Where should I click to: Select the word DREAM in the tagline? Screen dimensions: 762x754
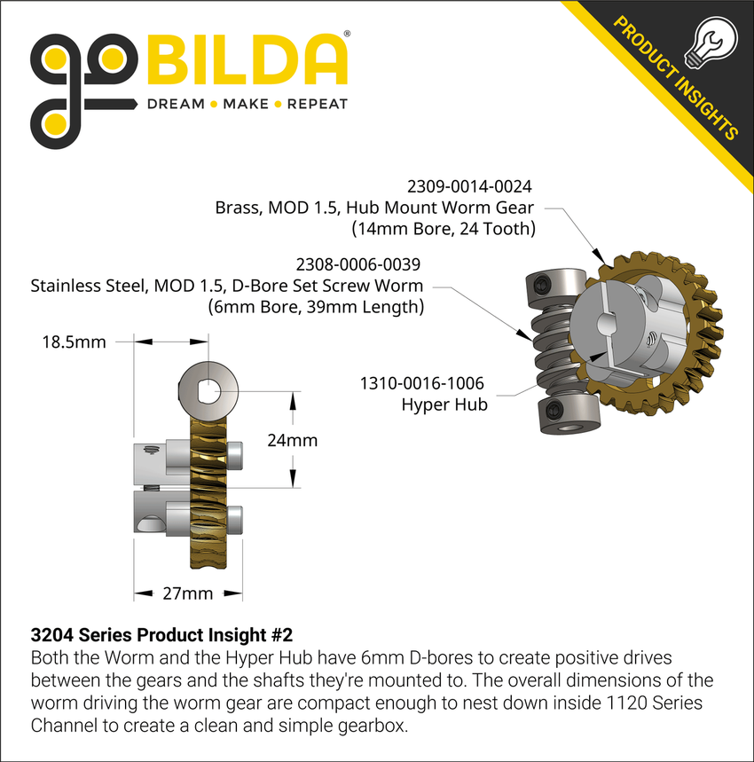click(x=176, y=104)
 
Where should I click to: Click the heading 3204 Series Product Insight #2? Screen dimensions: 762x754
click(x=161, y=635)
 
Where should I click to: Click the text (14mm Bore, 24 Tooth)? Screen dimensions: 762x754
click(x=443, y=229)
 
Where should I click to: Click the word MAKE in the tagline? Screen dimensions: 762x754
click(x=246, y=104)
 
